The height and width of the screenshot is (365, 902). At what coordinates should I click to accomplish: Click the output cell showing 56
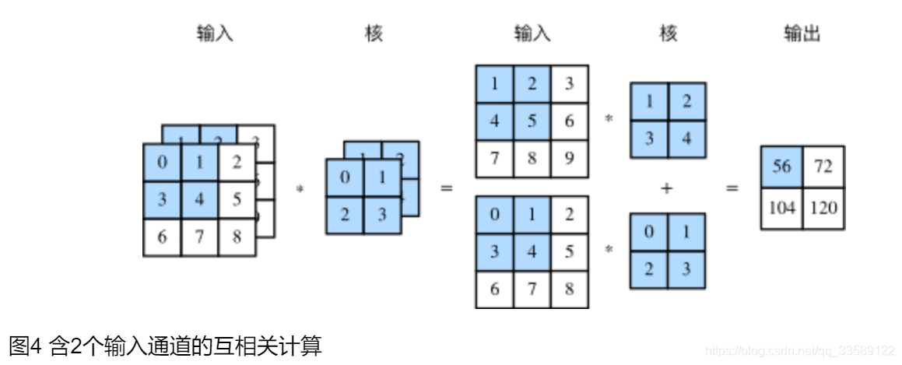(781, 167)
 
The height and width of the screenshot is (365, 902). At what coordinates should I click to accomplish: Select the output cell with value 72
(823, 167)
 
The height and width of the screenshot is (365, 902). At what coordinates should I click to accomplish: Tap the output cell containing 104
(781, 209)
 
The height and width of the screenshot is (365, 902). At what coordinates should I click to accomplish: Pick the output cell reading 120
(823, 209)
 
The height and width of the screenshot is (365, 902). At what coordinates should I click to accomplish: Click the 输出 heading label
(802, 33)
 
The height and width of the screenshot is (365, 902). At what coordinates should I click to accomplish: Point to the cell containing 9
(569, 159)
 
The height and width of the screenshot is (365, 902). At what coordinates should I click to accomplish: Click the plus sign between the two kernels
(666, 188)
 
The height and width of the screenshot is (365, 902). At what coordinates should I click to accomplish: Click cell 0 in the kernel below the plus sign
(648, 232)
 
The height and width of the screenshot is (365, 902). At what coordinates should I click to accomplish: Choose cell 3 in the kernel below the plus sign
(686, 269)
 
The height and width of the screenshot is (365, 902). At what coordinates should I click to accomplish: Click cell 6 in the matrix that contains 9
(569, 121)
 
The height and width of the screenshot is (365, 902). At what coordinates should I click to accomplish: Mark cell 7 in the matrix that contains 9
(495, 159)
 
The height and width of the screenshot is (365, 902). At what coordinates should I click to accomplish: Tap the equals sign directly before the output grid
(732, 188)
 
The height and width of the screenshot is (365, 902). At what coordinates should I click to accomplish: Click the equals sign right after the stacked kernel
(446, 188)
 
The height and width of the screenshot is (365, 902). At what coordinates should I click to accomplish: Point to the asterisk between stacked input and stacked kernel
(300, 188)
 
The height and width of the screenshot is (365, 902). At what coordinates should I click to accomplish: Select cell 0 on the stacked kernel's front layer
(345, 177)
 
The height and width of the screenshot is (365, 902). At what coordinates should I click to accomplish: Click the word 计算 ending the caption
(303, 346)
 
